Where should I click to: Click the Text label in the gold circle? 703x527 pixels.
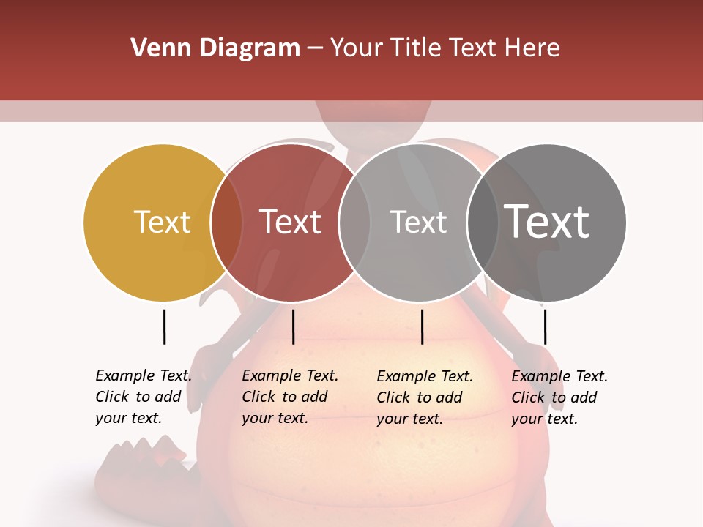coord(162,222)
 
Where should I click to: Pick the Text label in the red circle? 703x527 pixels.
coord(290,222)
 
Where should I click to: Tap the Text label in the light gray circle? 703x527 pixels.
coord(418,222)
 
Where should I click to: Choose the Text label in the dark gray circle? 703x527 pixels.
coord(547,222)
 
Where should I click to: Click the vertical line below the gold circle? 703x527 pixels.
coord(164,326)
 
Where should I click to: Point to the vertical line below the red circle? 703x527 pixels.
coord(293,326)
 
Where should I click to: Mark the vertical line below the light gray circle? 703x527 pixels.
coord(422,326)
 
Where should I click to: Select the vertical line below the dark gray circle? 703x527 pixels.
coord(545,326)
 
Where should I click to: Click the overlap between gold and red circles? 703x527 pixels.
coord(227,223)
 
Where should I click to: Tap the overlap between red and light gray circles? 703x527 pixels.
coord(354,223)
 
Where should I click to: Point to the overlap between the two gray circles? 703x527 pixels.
coord(483,223)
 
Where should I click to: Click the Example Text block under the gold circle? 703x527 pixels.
coord(143,397)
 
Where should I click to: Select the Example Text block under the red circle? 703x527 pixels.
coord(289,397)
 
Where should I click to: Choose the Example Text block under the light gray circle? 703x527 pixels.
coord(424,397)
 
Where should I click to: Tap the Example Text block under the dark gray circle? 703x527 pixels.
coord(559,397)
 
